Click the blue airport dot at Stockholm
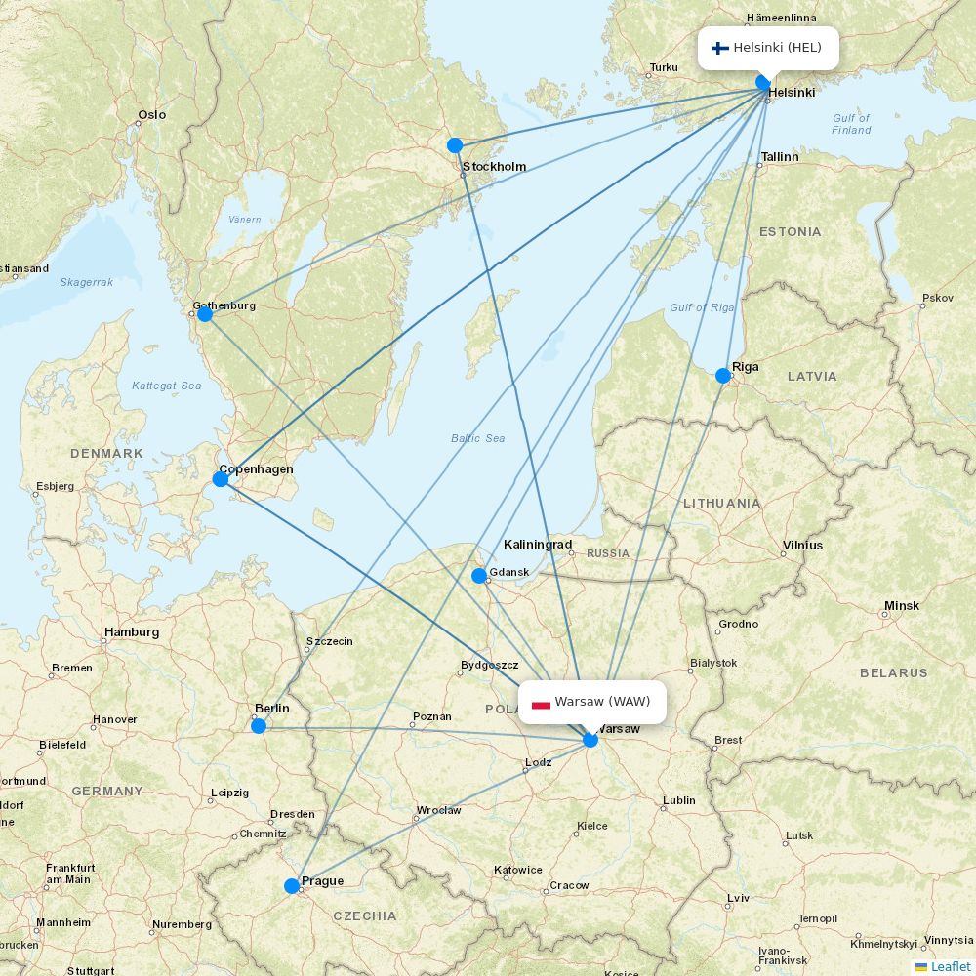[x=455, y=145]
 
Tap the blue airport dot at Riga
[x=723, y=376]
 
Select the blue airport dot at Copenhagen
[x=221, y=478]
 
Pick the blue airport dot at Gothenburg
[x=205, y=313]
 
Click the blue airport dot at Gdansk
[x=479, y=576]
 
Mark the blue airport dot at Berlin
[x=259, y=726]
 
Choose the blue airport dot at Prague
[x=291, y=886]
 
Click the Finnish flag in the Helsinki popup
[x=720, y=48]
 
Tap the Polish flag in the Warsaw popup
[x=541, y=703]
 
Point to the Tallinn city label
[x=780, y=156]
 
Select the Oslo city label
[x=151, y=115]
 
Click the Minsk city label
[x=901, y=606]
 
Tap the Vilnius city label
[x=802, y=546]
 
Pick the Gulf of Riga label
[x=702, y=308]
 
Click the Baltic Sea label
[x=478, y=438]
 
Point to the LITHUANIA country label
[x=721, y=503]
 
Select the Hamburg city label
[x=132, y=632]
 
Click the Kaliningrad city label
[x=538, y=545]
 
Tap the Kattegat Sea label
[x=167, y=386]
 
